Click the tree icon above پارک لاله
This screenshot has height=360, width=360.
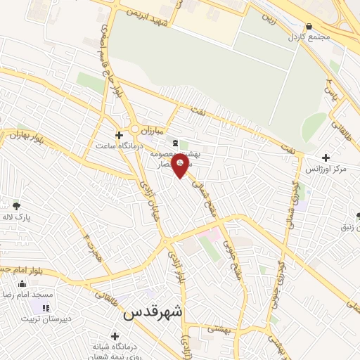click(x=16, y=205)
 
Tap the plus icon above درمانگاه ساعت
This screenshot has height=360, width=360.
click(x=120, y=134)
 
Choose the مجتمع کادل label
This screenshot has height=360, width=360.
click(x=310, y=37)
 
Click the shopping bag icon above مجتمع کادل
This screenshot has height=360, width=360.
click(x=309, y=25)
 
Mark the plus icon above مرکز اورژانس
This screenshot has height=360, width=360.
click(x=325, y=157)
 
